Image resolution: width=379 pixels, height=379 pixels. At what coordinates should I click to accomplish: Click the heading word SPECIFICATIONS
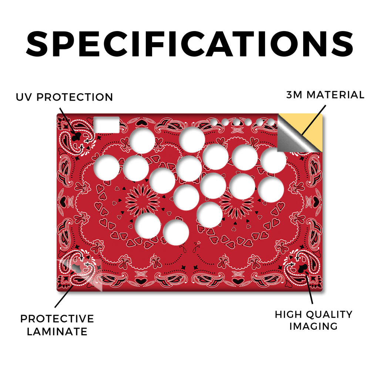click(x=189, y=44)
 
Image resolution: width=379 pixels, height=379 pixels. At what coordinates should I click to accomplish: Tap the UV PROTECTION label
click(x=64, y=97)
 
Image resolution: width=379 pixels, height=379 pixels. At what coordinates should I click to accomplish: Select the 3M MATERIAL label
click(x=325, y=95)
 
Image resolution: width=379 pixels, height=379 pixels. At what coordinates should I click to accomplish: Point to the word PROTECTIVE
click(x=57, y=319)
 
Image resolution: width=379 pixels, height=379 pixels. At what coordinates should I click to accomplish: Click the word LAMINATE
click(x=57, y=331)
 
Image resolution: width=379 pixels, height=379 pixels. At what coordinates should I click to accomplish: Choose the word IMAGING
click(x=313, y=326)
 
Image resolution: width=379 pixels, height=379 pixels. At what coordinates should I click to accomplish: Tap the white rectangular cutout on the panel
click(x=107, y=125)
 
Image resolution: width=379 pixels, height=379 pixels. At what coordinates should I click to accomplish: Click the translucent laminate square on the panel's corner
click(x=80, y=275)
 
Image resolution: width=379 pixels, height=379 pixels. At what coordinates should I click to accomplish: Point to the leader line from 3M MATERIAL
click(x=313, y=120)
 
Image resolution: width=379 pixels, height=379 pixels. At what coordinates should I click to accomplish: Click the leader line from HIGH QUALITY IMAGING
click(x=309, y=287)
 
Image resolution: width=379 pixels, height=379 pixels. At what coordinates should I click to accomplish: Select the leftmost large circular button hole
click(x=107, y=168)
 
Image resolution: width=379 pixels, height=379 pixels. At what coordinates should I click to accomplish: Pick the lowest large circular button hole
click(x=176, y=232)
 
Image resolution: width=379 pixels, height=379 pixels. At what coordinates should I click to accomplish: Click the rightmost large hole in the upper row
click(x=274, y=161)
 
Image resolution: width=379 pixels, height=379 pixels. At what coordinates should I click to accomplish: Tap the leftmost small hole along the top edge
click(x=214, y=122)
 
